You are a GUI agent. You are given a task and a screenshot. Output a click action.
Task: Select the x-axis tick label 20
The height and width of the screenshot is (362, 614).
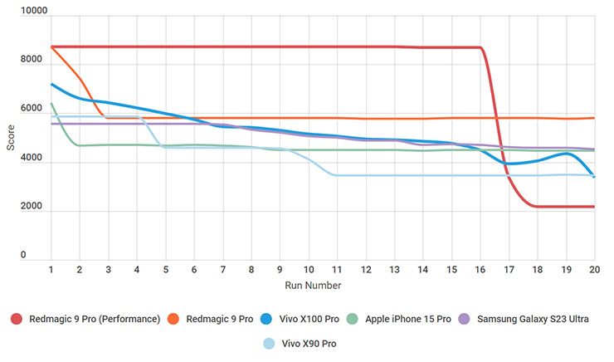594,270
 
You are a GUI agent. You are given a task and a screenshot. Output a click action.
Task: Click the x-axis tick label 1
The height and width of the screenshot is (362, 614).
51,270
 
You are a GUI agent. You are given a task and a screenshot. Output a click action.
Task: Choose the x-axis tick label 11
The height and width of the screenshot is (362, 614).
337,270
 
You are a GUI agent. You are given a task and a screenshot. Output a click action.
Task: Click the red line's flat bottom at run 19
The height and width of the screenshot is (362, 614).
567,207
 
